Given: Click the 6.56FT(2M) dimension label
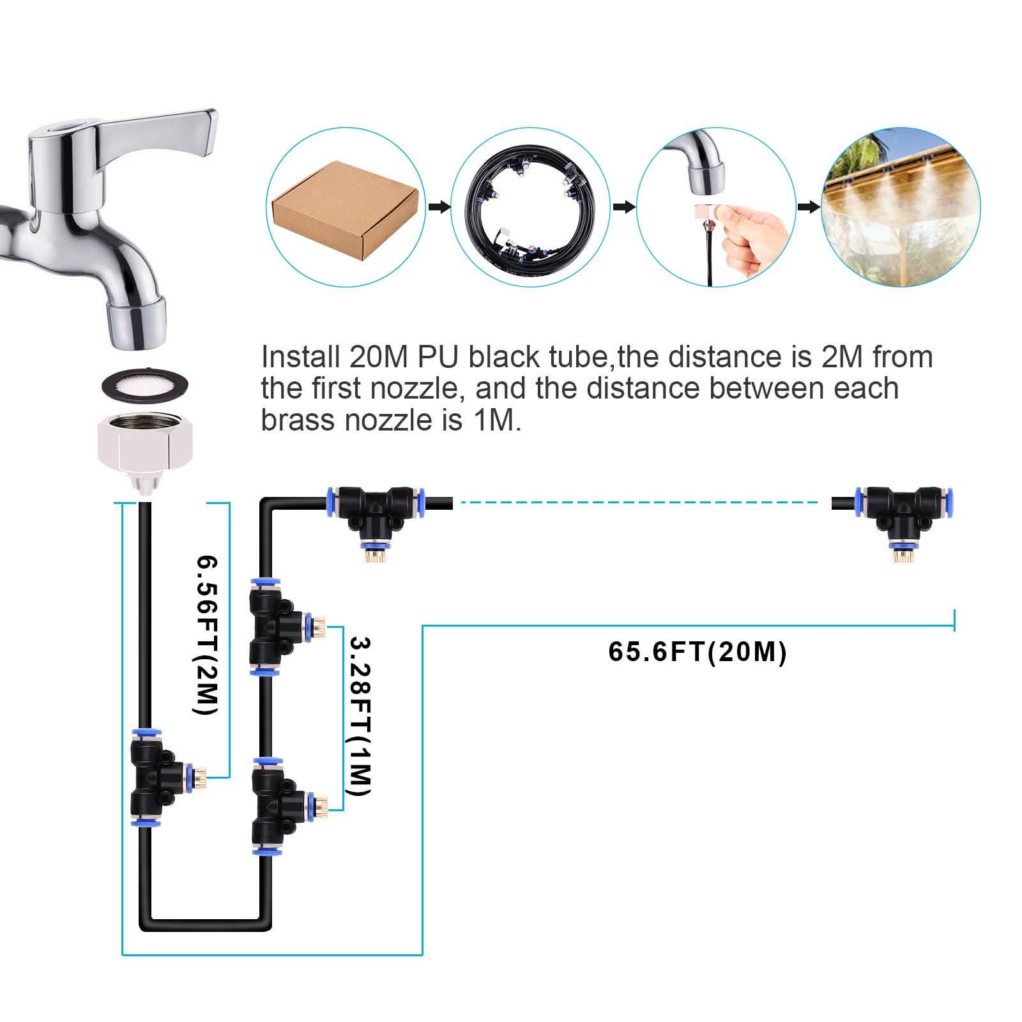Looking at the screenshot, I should [x=208, y=636].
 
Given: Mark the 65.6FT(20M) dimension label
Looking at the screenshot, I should [x=697, y=652].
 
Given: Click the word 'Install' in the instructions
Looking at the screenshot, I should [x=300, y=357].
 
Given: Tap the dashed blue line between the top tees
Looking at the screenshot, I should [x=639, y=503].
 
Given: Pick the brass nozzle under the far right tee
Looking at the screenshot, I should [x=901, y=553].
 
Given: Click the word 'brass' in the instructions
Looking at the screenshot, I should [x=300, y=421].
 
